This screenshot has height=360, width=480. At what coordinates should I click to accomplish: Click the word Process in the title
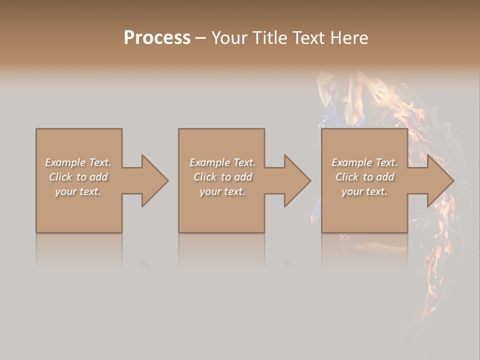(x=157, y=38)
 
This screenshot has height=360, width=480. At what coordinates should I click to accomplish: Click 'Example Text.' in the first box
(x=78, y=162)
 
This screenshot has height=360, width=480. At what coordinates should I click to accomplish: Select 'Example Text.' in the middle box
(x=222, y=162)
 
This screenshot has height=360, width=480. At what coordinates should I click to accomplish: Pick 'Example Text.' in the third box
(x=364, y=162)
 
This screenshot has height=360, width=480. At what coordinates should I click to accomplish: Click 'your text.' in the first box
(x=78, y=191)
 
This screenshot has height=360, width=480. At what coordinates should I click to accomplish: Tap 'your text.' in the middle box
(x=222, y=191)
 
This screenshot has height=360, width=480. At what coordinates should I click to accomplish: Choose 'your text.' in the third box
(x=364, y=191)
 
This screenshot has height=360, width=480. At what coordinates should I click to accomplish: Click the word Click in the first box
(x=61, y=177)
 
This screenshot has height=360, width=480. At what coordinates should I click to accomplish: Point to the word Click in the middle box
(x=205, y=177)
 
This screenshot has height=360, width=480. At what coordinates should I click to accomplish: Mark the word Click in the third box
(x=347, y=177)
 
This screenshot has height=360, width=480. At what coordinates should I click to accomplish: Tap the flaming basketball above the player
(x=382, y=92)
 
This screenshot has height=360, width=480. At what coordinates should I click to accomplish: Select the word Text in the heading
(x=306, y=38)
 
